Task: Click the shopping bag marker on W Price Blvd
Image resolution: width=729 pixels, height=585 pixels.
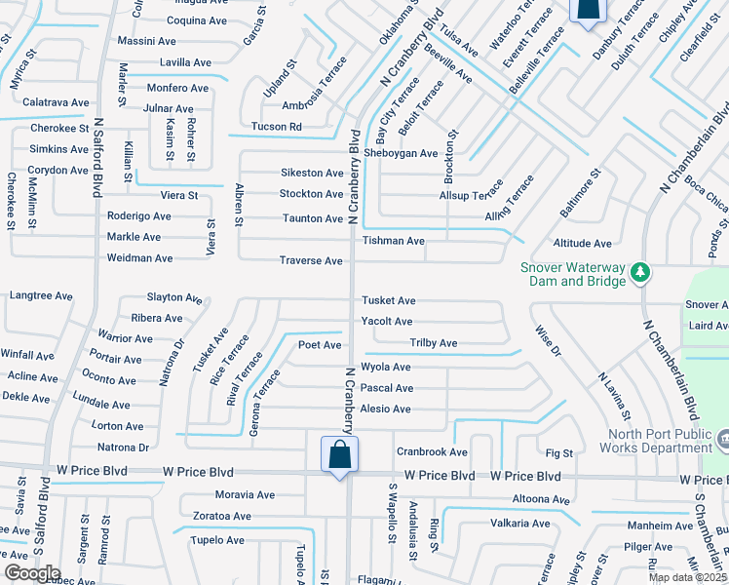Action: [x=339, y=455]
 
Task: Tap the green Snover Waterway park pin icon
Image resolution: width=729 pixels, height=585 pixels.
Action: [x=640, y=272]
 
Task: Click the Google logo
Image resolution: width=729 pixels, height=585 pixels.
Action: [x=32, y=573]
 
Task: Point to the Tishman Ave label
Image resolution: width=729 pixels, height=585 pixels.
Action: [x=394, y=241]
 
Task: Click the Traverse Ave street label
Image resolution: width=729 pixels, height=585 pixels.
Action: [x=311, y=261]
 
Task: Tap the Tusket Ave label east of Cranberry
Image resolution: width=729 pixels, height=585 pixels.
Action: [x=389, y=301]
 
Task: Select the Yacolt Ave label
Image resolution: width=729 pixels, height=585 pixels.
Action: [x=387, y=322]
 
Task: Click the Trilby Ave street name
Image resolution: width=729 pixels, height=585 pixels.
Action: [x=434, y=343]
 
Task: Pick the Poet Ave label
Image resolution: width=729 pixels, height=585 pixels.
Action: [x=320, y=345]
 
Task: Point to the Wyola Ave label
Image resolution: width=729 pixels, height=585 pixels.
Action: [x=386, y=368]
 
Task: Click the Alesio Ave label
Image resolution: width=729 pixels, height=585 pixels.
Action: [x=386, y=409]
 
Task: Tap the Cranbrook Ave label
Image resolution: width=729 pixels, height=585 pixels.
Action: [x=432, y=452]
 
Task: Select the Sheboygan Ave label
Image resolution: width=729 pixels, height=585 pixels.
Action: [x=401, y=153]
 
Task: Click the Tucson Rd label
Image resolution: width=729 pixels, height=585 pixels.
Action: [x=276, y=127]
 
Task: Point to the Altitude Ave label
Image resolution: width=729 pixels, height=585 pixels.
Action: [x=582, y=244]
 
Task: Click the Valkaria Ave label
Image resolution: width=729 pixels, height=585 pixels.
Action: [x=520, y=524]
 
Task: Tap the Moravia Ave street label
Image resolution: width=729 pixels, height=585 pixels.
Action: [x=246, y=495]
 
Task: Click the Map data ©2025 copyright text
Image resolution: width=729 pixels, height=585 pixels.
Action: [x=687, y=577]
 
